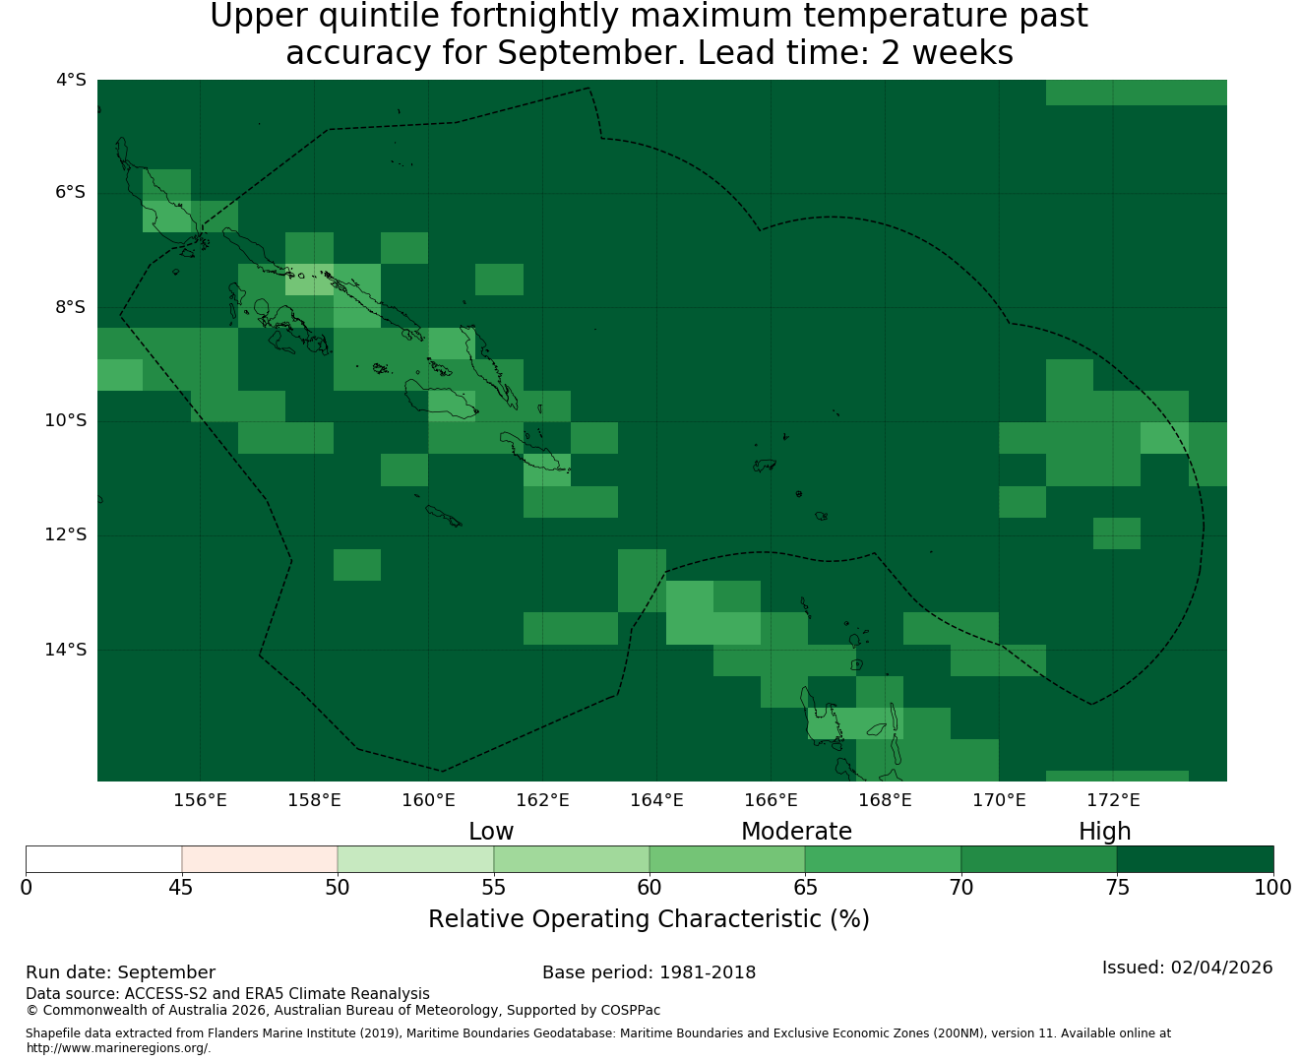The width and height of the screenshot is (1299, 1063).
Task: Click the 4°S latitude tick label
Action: (71, 80)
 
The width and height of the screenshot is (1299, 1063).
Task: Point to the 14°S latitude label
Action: (66, 650)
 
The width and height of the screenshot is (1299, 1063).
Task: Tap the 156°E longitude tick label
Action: (200, 800)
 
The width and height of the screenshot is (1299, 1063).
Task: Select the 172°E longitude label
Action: (1113, 800)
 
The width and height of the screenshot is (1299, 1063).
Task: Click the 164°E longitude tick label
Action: (656, 800)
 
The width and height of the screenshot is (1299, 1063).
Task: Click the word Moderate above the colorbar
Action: (796, 832)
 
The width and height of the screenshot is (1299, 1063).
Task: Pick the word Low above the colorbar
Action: (491, 832)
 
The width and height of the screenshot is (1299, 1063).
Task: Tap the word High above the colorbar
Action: (1104, 832)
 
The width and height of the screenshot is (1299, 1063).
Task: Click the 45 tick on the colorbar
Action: (181, 888)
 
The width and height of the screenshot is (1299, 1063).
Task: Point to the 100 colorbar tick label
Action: (1272, 888)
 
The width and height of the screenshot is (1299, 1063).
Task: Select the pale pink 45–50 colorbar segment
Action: (259, 859)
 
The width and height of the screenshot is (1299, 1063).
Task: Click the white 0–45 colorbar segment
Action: (104, 859)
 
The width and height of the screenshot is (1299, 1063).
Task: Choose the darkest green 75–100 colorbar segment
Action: (1195, 859)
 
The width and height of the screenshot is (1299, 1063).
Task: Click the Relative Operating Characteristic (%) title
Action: (649, 918)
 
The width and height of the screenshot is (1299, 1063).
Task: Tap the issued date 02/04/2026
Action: (1221, 968)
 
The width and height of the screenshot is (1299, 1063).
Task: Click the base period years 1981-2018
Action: (708, 972)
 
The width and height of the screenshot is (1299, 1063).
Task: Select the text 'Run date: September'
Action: (121, 972)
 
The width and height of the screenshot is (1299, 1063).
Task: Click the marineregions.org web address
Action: (118, 1047)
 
